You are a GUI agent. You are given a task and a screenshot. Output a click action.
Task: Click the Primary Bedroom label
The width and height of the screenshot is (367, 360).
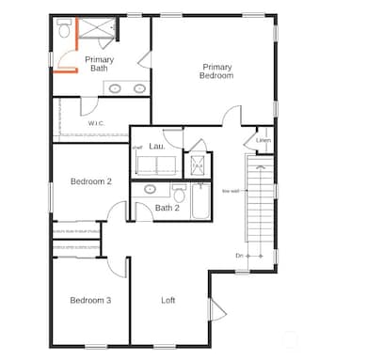coord(215,70)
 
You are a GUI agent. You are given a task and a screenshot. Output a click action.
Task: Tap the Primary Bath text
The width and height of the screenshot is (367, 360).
coord(100,63)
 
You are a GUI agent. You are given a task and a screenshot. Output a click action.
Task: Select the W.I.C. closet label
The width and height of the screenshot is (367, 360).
coord(96,123)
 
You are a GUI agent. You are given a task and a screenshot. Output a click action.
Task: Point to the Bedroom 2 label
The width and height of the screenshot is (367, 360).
coord(91,181)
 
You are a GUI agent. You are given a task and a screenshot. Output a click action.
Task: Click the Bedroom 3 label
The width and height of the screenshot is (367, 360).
coord(91,300)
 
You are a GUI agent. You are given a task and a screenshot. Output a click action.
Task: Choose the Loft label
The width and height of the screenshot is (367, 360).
coord(168,300)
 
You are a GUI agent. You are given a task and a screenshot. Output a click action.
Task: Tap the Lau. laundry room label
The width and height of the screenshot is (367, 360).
coord(158,147)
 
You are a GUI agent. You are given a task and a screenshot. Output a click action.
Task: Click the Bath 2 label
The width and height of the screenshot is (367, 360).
coord(167,208)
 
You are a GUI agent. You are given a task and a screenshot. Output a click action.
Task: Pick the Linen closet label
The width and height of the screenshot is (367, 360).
coord(263,140)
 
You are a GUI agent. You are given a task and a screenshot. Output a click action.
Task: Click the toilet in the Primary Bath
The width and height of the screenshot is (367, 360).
coord(63,30)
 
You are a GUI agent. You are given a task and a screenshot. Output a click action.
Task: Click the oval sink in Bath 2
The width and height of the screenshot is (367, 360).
coord(149,189)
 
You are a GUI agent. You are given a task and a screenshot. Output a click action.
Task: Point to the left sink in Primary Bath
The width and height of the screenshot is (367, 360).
coord(115,88)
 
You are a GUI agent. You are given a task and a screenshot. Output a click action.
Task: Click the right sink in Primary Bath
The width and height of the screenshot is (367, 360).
coord(139,88)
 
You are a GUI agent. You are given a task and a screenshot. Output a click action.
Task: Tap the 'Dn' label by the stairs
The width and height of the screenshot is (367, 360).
coord(239,255)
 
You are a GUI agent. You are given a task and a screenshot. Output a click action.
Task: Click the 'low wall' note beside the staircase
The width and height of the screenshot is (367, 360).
coord(230,191)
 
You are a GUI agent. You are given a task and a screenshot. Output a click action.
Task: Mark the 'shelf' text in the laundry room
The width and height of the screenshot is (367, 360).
coord(136,147)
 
